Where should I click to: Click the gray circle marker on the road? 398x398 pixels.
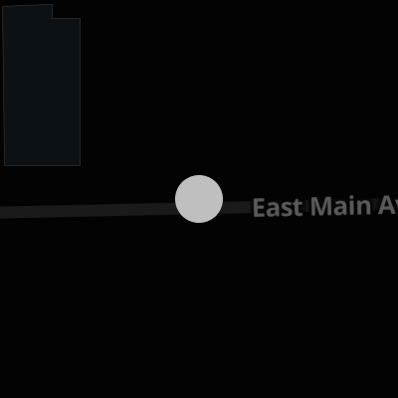tap(199, 199)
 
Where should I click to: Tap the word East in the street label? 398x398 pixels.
tap(278, 207)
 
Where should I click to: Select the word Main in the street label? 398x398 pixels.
tap(340, 206)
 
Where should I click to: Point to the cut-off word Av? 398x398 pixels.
tap(388, 206)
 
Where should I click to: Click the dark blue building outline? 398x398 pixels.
tap(42, 86)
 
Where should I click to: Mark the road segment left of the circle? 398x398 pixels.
tap(88, 210)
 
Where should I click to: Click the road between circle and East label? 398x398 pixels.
tap(237, 207)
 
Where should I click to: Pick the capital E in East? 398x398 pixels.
tap(259, 207)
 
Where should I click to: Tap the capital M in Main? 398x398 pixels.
tap(320, 206)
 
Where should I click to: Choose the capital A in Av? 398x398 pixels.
tap(387, 206)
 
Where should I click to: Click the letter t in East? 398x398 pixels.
tap(298, 208)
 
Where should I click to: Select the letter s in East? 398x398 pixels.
tap(286, 209)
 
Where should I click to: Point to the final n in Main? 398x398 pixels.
tap(364, 208)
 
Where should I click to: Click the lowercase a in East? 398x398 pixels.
tap(273, 209)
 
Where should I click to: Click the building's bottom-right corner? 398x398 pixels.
tap(81, 165)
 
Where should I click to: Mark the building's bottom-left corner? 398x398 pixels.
tap(4, 165)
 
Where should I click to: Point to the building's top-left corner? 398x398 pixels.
tap(3, 7)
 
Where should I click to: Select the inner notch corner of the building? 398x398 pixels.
tap(53, 18)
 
